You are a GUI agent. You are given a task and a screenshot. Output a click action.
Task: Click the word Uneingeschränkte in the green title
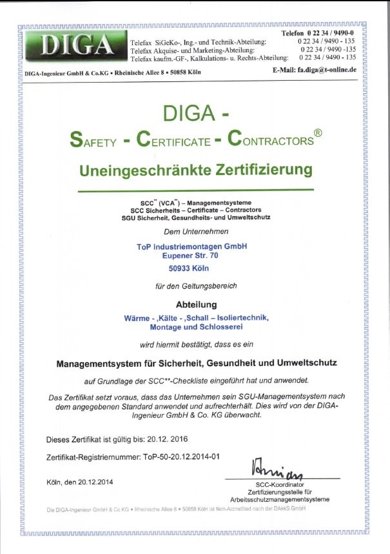[136, 170]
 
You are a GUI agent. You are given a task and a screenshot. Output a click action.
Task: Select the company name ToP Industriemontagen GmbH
[192, 246]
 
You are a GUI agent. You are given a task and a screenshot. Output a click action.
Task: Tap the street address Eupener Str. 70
[192, 256]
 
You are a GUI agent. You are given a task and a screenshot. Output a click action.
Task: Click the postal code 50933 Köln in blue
[192, 268]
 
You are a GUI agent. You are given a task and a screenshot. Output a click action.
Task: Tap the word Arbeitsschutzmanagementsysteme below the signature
[279, 499]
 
